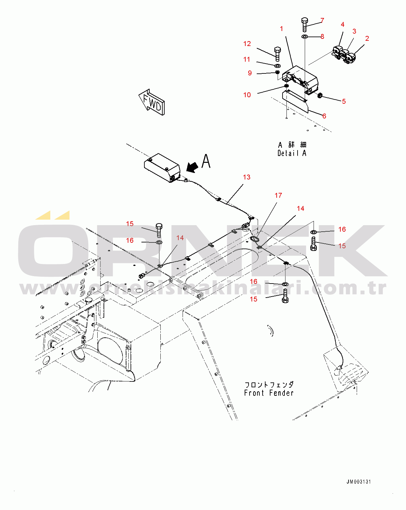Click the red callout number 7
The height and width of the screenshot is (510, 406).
[x=322, y=21]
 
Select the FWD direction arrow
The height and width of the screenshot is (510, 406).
[x=152, y=102]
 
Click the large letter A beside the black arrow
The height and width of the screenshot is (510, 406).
[x=206, y=161]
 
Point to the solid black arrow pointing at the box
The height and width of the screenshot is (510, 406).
[x=192, y=167]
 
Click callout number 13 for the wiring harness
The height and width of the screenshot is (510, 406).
[x=247, y=177]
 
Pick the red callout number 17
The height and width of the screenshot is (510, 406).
[x=278, y=195]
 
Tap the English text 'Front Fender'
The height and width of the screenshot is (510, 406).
[x=268, y=393]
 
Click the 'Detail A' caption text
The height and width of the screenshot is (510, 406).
[x=292, y=153]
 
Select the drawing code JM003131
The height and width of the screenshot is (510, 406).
[x=358, y=482]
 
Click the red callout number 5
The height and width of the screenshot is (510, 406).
[x=344, y=101]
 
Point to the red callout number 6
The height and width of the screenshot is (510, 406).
[x=324, y=116]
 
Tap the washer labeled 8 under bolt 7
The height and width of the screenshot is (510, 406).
[x=304, y=36]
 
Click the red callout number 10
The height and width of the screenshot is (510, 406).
[x=247, y=95]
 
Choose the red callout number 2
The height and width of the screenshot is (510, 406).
[x=367, y=39]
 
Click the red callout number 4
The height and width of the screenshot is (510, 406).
[x=342, y=24]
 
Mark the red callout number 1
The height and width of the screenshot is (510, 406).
[x=282, y=29]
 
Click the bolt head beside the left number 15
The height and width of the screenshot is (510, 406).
[x=159, y=226]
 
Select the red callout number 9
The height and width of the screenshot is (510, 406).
[x=250, y=73]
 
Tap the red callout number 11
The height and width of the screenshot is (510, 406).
[x=247, y=59]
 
